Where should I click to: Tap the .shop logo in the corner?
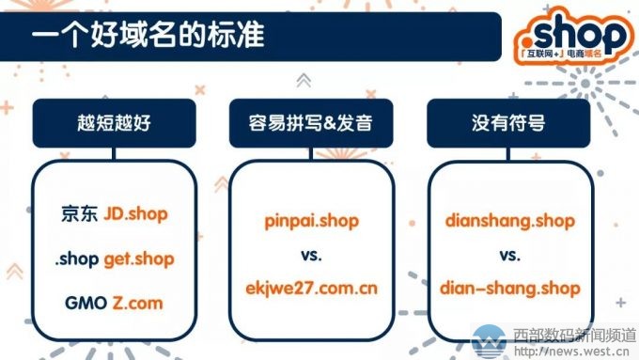click(x=572, y=36)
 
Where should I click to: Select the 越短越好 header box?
click(x=114, y=124)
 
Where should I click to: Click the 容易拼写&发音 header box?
click(x=310, y=124)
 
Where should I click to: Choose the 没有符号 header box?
click(x=508, y=124)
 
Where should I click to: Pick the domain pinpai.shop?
click(x=311, y=222)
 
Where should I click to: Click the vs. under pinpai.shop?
click(x=311, y=255)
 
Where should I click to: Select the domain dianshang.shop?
click(x=508, y=222)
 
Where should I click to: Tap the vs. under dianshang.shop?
click(x=508, y=255)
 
